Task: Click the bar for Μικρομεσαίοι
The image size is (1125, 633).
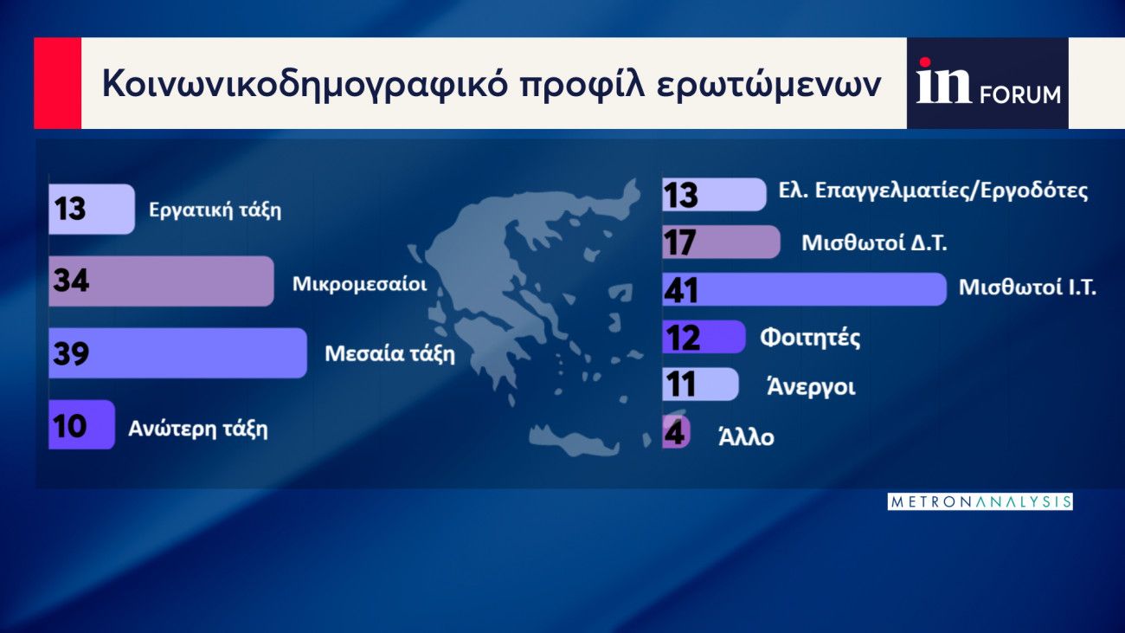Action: (x=161, y=281)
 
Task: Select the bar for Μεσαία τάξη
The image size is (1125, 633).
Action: (x=177, y=353)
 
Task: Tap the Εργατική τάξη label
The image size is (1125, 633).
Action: (x=215, y=210)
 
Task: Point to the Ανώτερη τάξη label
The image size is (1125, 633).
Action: (x=198, y=429)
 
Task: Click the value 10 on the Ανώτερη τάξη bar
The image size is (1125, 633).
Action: (x=69, y=426)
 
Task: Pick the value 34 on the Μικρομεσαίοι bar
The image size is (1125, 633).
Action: (x=71, y=281)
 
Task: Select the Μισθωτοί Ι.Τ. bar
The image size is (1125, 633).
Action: (x=805, y=289)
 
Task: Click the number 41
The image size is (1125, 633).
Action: (x=680, y=290)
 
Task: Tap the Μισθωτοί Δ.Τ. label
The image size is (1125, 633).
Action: (x=874, y=243)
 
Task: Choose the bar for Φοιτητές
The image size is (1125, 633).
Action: (x=704, y=337)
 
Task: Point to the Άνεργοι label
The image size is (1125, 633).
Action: (x=811, y=386)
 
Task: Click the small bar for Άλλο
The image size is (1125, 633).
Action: (x=676, y=432)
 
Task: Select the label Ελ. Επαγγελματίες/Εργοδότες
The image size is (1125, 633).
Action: (x=933, y=191)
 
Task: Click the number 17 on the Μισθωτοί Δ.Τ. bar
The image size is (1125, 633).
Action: (x=679, y=242)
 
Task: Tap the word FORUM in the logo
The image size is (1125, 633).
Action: (x=1020, y=95)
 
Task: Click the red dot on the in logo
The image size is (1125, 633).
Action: (x=924, y=63)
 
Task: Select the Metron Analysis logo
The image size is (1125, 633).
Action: (x=980, y=501)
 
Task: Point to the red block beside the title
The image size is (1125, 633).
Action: (x=57, y=83)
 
